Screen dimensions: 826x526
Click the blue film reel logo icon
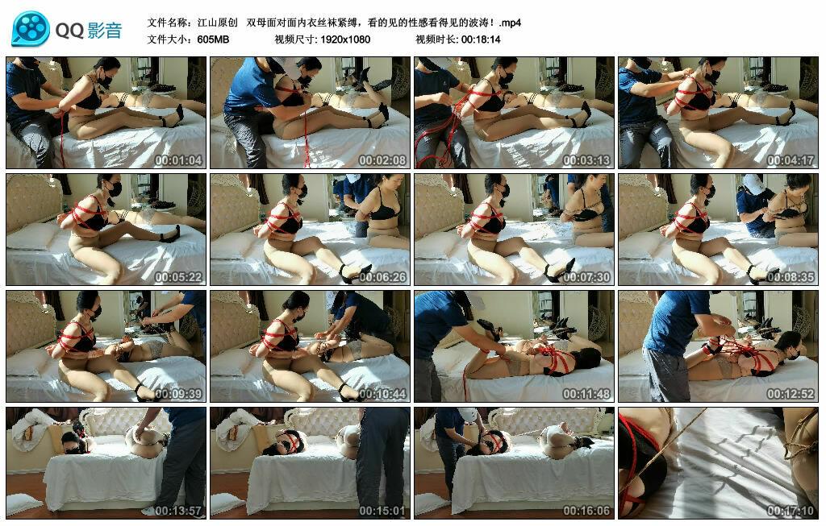tap(31, 29)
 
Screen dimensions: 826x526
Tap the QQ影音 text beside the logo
tap(89, 31)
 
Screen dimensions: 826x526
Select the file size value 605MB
tap(213, 39)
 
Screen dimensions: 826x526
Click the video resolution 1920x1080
tap(345, 39)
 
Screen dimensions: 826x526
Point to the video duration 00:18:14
tap(480, 39)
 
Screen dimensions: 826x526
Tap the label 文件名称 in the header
tap(165, 23)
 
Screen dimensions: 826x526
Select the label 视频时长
tap(432, 39)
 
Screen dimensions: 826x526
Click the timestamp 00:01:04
tap(178, 160)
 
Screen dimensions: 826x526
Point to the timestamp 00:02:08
tap(382, 160)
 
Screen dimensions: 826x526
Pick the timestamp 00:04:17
tap(791, 160)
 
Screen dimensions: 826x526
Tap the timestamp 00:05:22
tap(178, 276)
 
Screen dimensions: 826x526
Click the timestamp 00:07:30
tap(586, 276)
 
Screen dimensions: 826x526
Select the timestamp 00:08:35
tap(791, 276)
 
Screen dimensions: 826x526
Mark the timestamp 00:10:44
tap(382, 393)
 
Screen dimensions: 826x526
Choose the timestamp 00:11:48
tap(586, 393)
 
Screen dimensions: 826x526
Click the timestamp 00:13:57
tap(178, 510)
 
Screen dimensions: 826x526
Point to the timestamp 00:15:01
tap(382, 510)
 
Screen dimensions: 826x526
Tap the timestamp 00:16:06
tap(586, 510)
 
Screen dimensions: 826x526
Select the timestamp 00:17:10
tap(791, 510)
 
